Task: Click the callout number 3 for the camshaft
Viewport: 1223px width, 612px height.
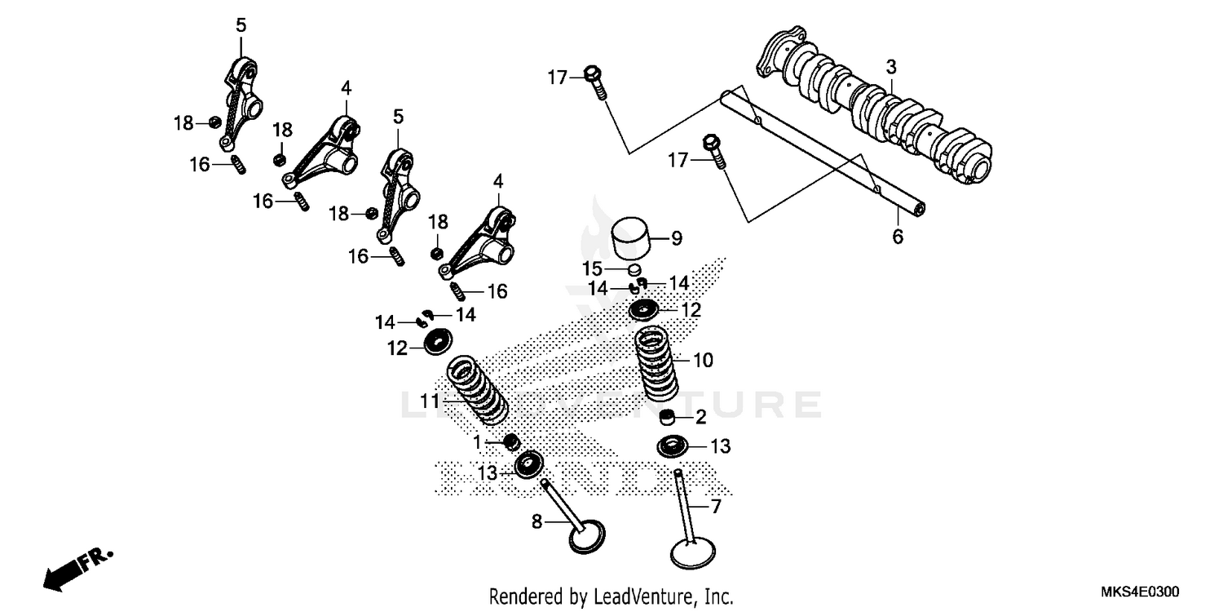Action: point(891,65)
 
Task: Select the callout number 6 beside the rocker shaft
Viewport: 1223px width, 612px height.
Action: point(898,237)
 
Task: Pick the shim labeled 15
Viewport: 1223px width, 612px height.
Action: point(634,268)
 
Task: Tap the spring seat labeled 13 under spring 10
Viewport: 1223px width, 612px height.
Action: point(676,446)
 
